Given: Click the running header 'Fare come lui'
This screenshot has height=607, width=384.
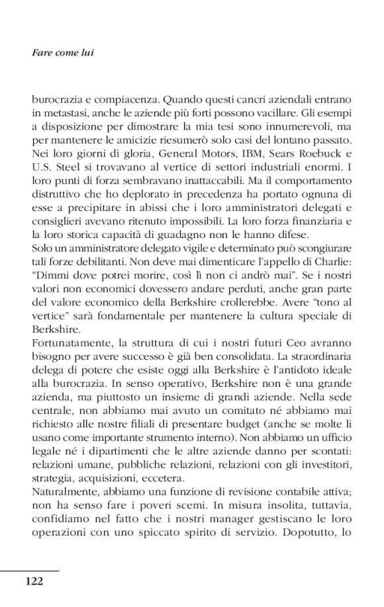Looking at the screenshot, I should click(63, 52).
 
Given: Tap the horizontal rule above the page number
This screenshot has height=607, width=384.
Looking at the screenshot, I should click(30, 570).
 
